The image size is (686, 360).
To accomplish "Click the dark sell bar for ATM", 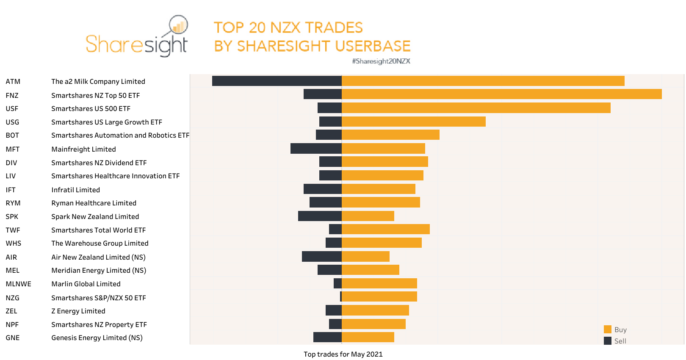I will tap(277, 81).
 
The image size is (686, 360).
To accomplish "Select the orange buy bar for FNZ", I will tap(501, 94).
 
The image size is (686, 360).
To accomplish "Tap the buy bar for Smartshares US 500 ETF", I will tap(476, 108).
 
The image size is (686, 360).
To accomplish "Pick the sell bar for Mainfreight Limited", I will tap(316, 148).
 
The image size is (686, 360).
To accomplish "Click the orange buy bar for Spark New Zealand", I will tap(368, 216).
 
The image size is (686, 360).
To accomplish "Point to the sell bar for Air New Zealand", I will tap(321, 256).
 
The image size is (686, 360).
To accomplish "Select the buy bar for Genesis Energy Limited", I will tap(368, 337).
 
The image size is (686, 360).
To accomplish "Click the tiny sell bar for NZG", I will tap(341, 296).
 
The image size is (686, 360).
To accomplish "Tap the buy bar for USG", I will tap(413, 122).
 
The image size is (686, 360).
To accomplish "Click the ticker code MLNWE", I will tap(19, 284).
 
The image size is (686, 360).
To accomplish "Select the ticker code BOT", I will tap(12, 135).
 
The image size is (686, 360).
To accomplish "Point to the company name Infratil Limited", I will tap(75, 190).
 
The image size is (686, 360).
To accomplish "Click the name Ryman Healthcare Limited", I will tap(94, 203).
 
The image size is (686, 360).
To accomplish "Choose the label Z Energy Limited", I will tap(78, 311).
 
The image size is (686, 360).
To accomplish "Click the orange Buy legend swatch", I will tap(607, 330).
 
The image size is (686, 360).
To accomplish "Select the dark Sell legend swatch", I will tap(607, 341).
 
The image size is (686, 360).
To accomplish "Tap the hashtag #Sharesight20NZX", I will tap(381, 61).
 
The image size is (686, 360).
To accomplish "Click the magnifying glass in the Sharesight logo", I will tap(178, 25).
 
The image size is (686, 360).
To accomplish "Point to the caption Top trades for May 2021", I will tap(343, 354).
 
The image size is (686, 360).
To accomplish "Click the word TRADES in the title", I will tap(334, 28).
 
